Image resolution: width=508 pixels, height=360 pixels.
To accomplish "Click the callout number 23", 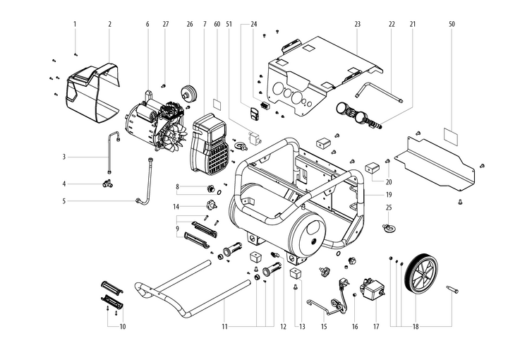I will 358,24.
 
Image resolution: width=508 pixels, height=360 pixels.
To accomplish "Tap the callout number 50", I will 452,24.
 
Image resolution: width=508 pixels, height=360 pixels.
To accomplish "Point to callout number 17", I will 376,327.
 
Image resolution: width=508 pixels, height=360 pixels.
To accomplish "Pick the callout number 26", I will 190,24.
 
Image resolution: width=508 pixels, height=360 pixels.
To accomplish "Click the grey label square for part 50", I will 452,134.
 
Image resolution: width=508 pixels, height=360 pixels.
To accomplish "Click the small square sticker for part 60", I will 217,102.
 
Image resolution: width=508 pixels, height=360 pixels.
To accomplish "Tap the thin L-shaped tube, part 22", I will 377,93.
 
